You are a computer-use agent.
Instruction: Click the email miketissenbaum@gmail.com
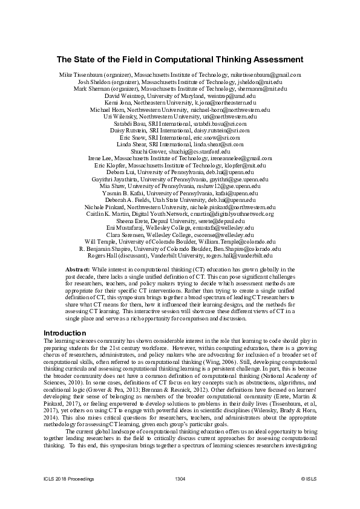pyautogui.click(x=266, y=75)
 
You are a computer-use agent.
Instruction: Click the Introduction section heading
pyautogui.click(x=66, y=333)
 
